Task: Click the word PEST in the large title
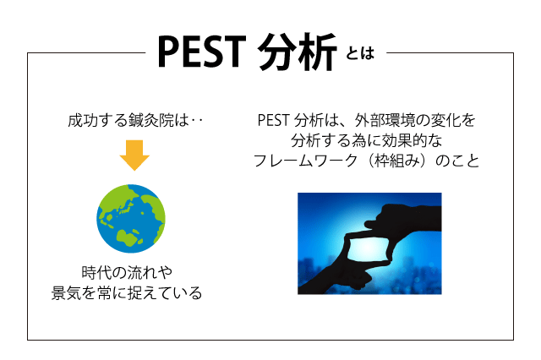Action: coord(201,52)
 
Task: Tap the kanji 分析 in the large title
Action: coord(297,52)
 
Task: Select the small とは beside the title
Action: coord(360,53)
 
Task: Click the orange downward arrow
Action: coord(134,155)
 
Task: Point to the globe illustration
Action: coord(131,219)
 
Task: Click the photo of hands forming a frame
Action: coord(369,243)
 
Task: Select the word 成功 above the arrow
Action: coord(83,120)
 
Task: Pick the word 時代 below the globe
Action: coord(96,272)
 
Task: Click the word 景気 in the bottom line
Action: coord(67,292)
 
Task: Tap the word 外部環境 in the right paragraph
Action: coord(385,120)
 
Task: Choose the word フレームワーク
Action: coord(306,161)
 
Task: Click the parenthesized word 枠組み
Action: coord(397,161)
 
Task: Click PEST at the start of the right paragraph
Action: coord(273,120)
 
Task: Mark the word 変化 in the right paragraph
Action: coord(445,120)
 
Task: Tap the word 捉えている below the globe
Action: coord(165,292)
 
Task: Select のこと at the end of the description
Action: coord(457,161)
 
